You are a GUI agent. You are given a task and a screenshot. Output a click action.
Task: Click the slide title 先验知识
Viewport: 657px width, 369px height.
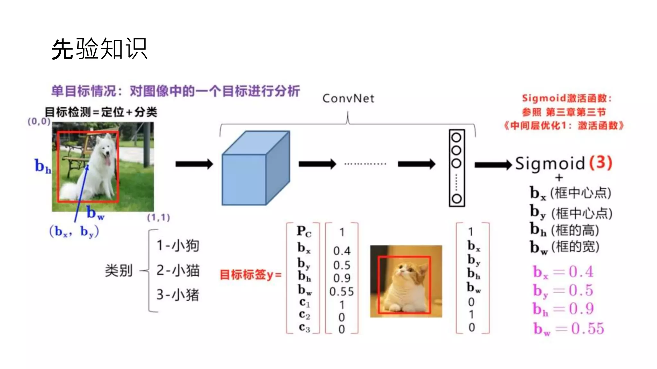click(x=99, y=49)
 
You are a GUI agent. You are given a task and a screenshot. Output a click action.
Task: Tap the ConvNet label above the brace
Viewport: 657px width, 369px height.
click(x=348, y=98)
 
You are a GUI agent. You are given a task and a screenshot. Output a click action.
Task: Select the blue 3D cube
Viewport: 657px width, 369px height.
click(x=256, y=168)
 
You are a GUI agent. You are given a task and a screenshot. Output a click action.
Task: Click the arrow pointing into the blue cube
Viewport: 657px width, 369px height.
click(x=194, y=164)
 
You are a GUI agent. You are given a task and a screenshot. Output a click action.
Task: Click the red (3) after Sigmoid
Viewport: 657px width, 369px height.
click(x=601, y=163)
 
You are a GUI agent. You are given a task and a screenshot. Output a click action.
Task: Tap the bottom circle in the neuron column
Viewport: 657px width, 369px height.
click(x=456, y=199)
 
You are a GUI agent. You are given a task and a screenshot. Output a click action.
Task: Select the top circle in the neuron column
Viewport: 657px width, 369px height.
click(x=456, y=137)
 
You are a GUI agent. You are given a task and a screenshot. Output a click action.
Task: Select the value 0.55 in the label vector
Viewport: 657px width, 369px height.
click(x=341, y=291)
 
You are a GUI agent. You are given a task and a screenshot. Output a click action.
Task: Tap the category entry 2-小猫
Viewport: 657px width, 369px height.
click(x=178, y=270)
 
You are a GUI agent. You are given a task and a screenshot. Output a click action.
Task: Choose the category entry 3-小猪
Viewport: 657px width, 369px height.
click(x=178, y=295)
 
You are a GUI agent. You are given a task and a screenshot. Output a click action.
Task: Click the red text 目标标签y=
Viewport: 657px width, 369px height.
click(x=250, y=275)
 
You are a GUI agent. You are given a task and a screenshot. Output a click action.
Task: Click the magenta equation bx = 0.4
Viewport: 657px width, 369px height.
click(x=563, y=272)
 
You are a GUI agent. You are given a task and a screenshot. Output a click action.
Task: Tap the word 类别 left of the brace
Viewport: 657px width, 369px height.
click(x=119, y=271)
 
